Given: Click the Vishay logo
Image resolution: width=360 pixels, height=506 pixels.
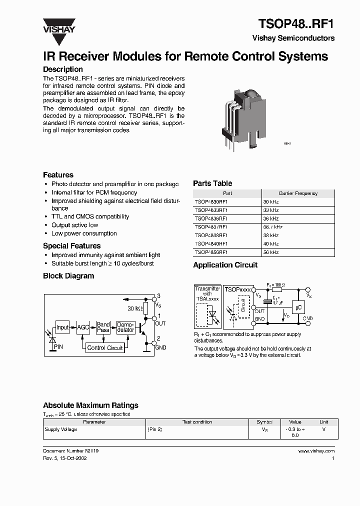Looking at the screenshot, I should click(58, 26).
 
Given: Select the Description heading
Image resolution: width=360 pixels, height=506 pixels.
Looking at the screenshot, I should click(63, 69).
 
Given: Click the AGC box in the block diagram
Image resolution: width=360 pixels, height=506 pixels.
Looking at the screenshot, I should click(82, 327).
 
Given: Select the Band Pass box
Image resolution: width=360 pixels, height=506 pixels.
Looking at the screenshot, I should click(103, 327).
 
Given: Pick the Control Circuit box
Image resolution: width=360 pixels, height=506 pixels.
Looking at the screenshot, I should click(104, 348).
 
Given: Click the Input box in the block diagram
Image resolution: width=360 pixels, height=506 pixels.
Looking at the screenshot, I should click(62, 327).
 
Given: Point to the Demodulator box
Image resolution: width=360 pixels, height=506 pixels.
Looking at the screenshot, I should click(125, 327).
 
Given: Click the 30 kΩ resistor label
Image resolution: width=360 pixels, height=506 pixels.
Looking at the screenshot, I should click(134, 308).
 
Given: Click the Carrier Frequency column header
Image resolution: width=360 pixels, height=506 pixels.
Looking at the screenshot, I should click(298, 193).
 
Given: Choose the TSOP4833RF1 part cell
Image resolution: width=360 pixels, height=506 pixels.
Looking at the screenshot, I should click(211, 210).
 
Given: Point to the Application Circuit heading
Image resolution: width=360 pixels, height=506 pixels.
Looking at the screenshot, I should click(225, 265).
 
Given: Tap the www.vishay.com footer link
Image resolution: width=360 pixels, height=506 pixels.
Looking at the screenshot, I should click(316, 450).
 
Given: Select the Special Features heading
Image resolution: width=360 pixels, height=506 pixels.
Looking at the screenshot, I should click(71, 246).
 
